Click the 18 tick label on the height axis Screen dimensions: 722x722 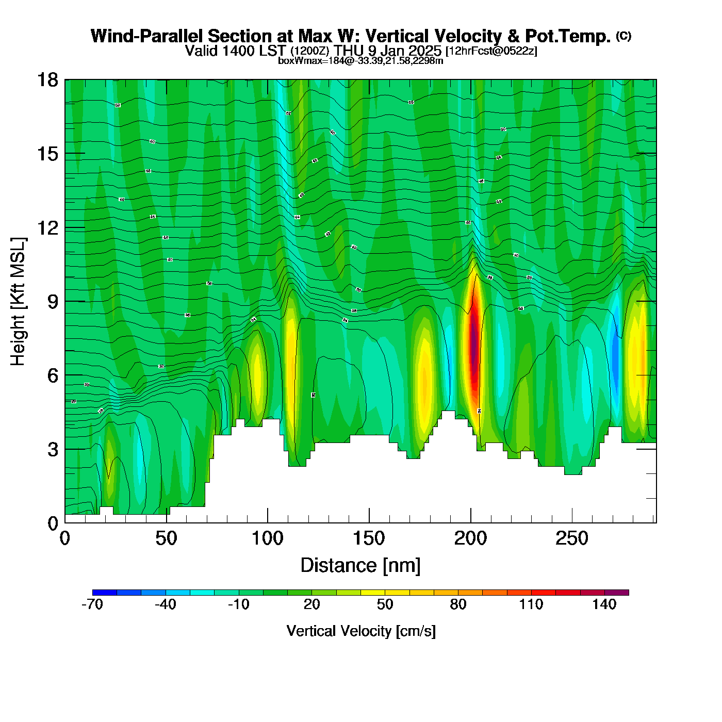(47, 80)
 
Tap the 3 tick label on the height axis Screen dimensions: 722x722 (53, 449)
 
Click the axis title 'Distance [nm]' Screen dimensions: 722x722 (360, 566)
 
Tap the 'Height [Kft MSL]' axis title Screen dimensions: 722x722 (18, 302)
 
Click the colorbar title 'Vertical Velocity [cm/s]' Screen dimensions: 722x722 (361, 631)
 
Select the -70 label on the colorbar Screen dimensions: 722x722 (92, 604)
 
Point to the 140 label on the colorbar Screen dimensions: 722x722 (604, 604)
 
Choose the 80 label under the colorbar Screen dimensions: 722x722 (458, 604)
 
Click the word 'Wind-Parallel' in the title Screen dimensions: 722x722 (147, 36)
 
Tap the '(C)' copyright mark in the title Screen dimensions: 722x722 (623, 36)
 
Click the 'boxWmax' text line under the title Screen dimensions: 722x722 (360, 61)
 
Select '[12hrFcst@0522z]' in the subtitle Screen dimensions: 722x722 (491, 51)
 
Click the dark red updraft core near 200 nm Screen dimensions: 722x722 (474, 346)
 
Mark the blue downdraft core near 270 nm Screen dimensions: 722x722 (615, 356)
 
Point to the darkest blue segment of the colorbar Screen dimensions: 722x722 (105, 593)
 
